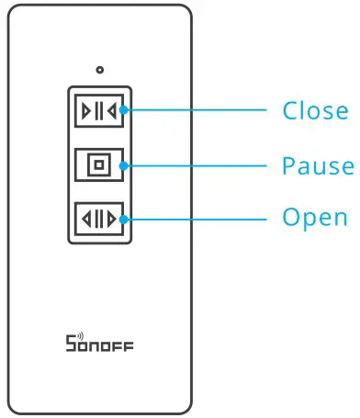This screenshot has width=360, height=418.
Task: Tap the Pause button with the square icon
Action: pos(98,165)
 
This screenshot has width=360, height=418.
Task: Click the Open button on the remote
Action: pos(98,219)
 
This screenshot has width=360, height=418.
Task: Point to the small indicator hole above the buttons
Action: pos(99,70)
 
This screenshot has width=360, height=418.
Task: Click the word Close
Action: pos(315,111)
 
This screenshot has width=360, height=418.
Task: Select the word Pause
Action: pos(317,165)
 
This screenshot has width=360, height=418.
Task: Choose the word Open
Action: pos(314,219)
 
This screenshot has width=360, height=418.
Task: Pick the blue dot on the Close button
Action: pos(122,112)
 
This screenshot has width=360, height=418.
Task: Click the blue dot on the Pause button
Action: pos(122,165)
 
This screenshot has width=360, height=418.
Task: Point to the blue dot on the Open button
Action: pos(122,219)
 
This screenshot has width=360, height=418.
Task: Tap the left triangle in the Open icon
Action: pos(86,219)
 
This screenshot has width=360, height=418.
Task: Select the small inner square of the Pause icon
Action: pos(98,165)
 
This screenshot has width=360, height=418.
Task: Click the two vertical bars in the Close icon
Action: pos(98,112)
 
